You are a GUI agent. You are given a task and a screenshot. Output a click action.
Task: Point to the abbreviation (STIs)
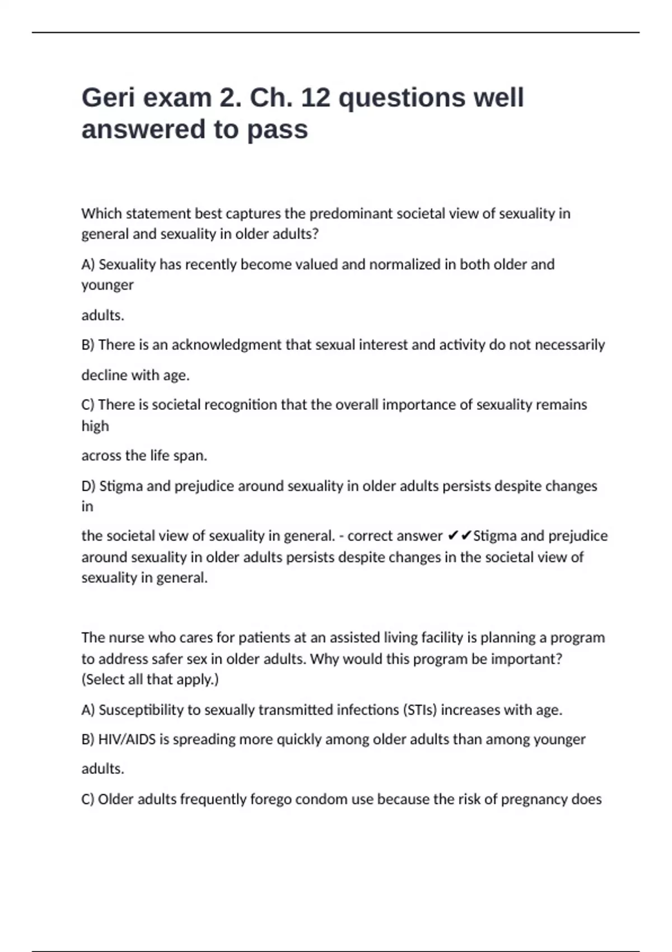coord(420,710)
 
